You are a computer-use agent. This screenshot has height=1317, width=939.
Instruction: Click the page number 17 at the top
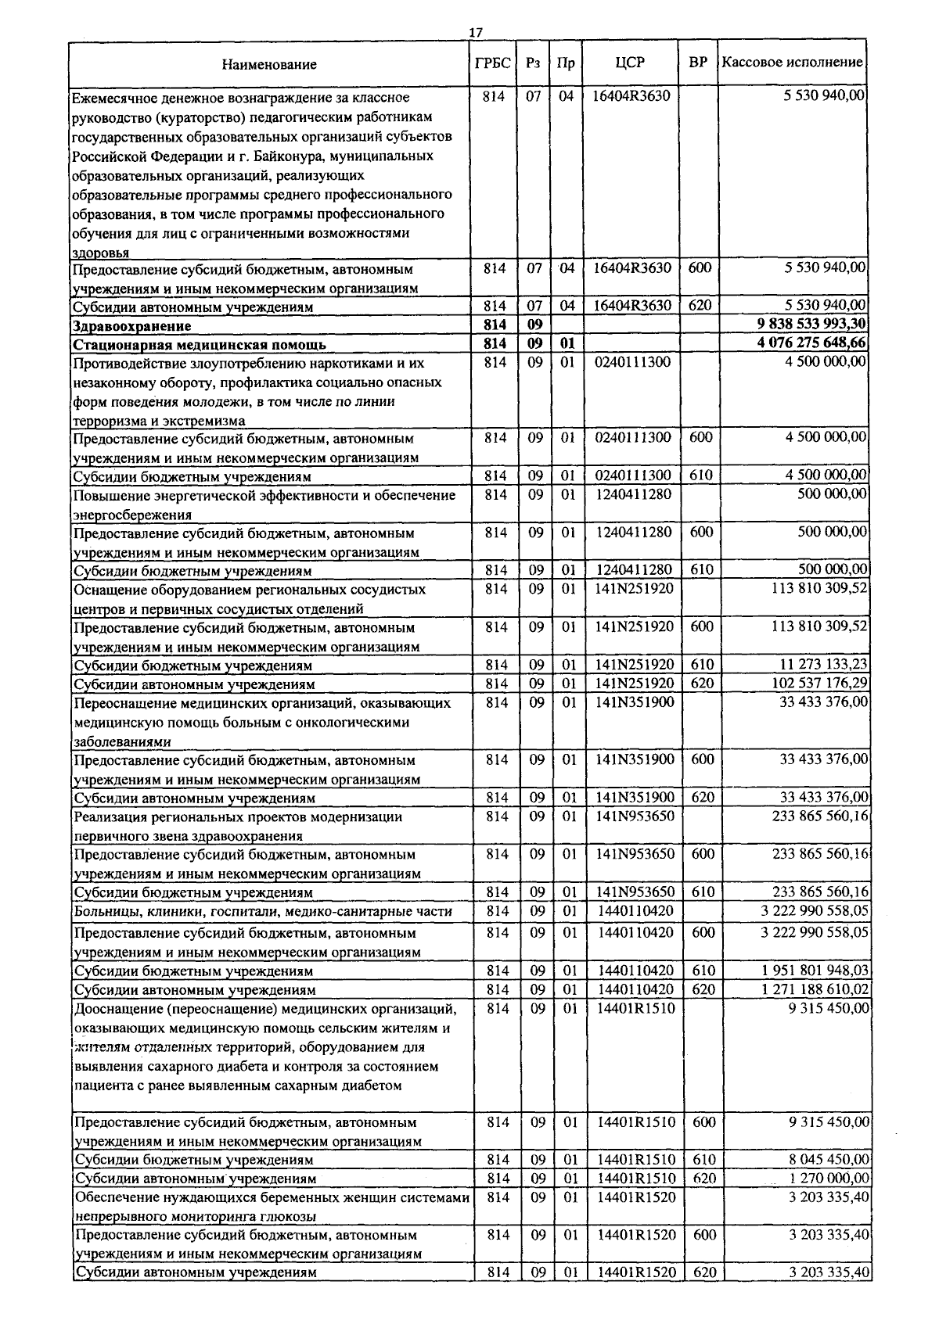click(x=475, y=32)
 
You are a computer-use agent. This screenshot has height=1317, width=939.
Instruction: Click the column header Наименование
click(x=269, y=64)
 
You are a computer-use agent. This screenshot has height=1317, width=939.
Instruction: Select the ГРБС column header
click(x=493, y=63)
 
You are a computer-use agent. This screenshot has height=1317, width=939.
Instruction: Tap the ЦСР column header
click(x=630, y=63)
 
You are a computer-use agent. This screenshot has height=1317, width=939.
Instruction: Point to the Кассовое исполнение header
click(x=792, y=63)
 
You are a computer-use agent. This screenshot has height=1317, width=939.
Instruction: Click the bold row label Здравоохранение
click(x=131, y=326)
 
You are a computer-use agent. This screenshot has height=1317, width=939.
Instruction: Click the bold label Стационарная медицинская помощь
click(x=200, y=345)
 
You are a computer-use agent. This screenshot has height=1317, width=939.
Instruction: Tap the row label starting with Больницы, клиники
click(x=263, y=912)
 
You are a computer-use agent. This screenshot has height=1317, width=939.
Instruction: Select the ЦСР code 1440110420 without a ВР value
click(x=634, y=911)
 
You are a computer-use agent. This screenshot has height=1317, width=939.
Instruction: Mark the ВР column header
click(x=698, y=63)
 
